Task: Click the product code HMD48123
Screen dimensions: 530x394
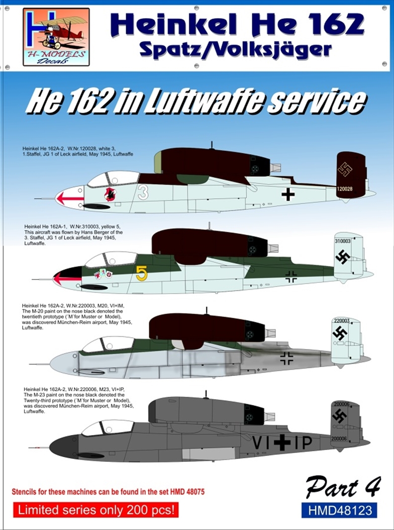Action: tap(339, 510)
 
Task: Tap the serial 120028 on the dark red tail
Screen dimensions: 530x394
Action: tap(344, 190)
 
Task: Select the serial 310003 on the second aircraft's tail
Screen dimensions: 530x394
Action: tap(344, 241)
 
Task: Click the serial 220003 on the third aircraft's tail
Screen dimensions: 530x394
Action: tap(342, 320)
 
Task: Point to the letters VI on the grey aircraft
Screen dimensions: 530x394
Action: tap(261, 442)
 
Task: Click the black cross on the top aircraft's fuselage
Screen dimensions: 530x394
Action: tap(287, 194)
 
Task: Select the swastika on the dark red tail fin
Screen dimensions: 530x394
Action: tap(345, 169)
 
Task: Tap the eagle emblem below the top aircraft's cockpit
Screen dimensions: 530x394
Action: tap(110, 194)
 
